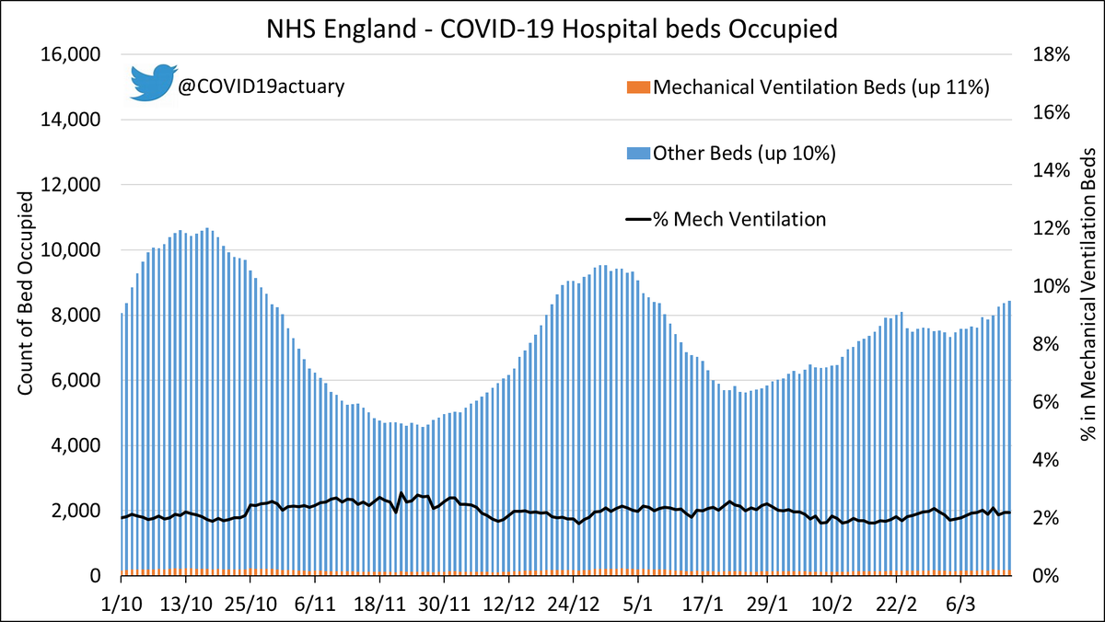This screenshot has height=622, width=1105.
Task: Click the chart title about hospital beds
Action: (552, 29)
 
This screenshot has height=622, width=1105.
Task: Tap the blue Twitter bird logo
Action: (153, 83)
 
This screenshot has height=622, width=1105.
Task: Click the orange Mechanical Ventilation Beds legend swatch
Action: (637, 87)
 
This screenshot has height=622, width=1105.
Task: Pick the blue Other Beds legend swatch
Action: (637, 154)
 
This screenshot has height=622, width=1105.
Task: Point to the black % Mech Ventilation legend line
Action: (637, 219)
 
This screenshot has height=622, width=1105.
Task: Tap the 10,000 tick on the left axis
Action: (72, 250)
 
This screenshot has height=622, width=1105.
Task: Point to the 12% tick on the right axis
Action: (1049, 228)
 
